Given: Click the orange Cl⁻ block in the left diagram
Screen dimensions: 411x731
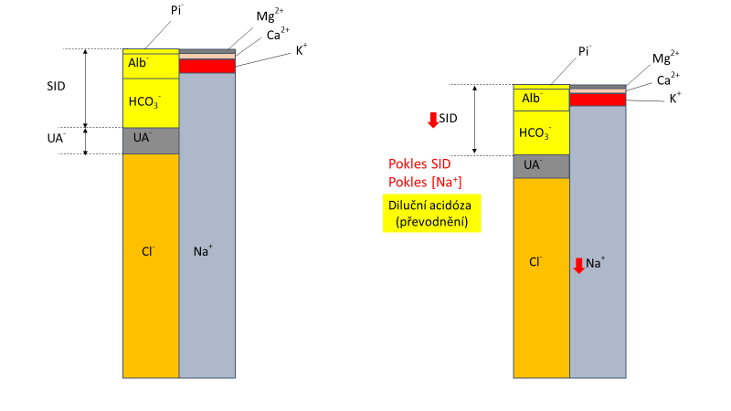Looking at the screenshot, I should [x=151, y=265].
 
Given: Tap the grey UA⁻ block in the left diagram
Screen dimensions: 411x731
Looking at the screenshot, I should [x=151, y=141].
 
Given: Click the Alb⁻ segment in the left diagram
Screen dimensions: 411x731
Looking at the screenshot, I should [x=151, y=66].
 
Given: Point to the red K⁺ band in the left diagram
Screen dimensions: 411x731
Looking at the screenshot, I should [x=207, y=66].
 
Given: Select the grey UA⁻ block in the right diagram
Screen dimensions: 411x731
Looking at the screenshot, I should [x=541, y=166].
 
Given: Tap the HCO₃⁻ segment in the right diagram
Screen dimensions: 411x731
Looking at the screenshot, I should [x=541, y=133].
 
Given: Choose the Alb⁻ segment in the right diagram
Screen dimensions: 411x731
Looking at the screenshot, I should [x=541, y=98].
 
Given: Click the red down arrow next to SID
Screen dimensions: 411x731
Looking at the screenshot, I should [x=433, y=120].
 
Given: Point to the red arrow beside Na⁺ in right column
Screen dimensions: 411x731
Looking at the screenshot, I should [x=578, y=266].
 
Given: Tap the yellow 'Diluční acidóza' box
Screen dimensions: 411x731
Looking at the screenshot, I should [x=432, y=213].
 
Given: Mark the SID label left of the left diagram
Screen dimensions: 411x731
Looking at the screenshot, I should [x=58, y=87].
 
